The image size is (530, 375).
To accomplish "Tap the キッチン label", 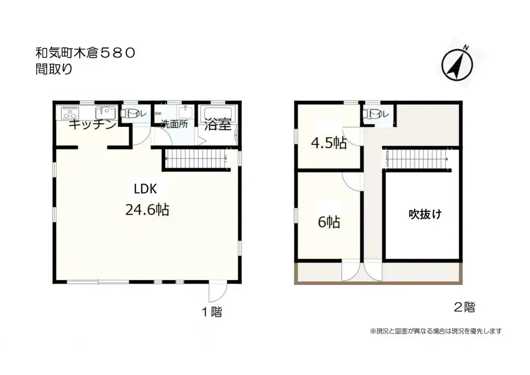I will pos(92,125).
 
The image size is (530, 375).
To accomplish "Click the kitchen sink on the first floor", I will pos(105,112).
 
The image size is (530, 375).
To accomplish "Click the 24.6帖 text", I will pos(148,210).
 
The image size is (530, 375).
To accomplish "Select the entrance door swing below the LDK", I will pos(216,293).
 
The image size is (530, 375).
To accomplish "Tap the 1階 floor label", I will pos(212,312).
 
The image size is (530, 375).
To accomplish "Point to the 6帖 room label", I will pos(328,223).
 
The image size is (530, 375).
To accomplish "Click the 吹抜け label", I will pos(425,213).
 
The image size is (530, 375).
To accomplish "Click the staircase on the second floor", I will pos(417,157).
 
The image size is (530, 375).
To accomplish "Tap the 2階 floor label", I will pos(464,307).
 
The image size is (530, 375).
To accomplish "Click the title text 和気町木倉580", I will pos(86,52).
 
